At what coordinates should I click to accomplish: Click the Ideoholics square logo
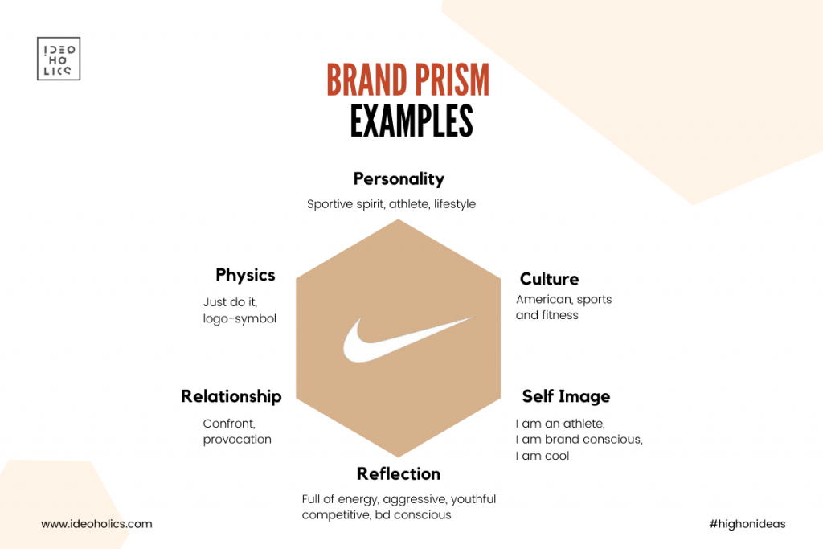(x=59, y=59)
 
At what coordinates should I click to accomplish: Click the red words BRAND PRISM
(x=407, y=80)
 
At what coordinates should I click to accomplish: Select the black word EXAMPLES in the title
(x=411, y=121)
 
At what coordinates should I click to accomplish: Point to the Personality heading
(x=399, y=179)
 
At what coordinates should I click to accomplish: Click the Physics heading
(x=245, y=275)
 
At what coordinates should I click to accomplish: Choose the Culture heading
(x=549, y=279)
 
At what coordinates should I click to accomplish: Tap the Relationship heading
(x=231, y=396)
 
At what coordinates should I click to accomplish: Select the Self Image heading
(x=566, y=397)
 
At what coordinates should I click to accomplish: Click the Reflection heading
(x=399, y=474)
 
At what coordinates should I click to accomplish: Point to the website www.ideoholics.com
(x=96, y=524)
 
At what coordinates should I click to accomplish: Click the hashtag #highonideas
(x=747, y=524)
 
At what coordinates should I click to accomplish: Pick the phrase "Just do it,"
(x=230, y=302)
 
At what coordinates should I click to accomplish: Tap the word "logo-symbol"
(x=240, y=319)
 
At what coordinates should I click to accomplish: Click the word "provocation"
(x=237, y=440)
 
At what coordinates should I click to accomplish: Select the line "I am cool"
(x=543, y=456)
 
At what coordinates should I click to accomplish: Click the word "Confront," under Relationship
(x=229, y=424)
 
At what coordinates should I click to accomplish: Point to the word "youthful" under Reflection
(x=473, y=499)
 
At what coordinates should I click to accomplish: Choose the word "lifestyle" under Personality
(x=455, y=204)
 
